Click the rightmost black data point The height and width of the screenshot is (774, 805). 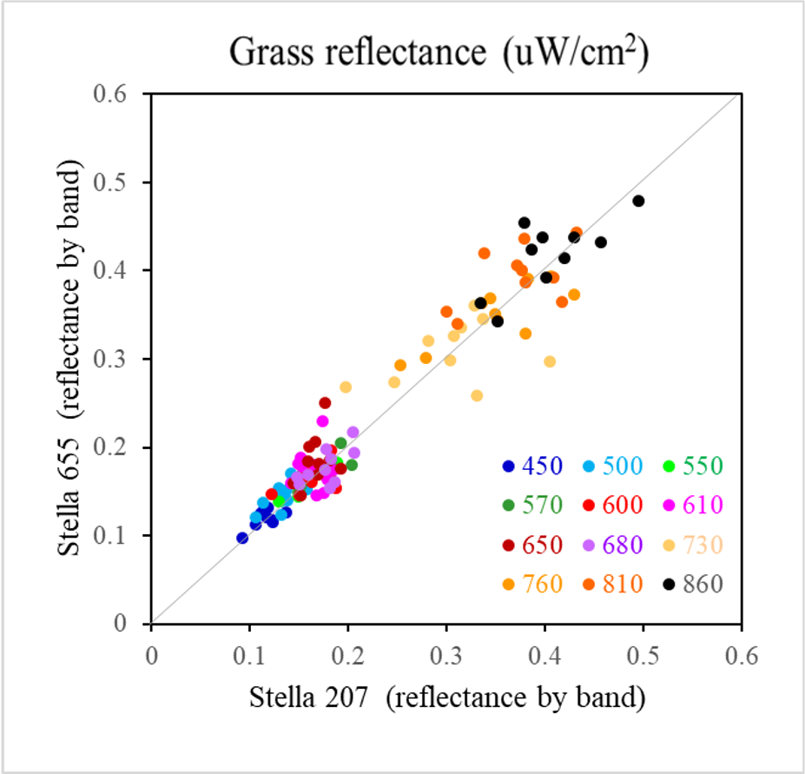pos(638,201)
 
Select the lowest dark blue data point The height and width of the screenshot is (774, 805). pos(242,538)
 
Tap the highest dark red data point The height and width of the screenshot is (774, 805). pos(325,402)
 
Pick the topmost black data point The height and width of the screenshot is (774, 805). pos(524,222)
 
